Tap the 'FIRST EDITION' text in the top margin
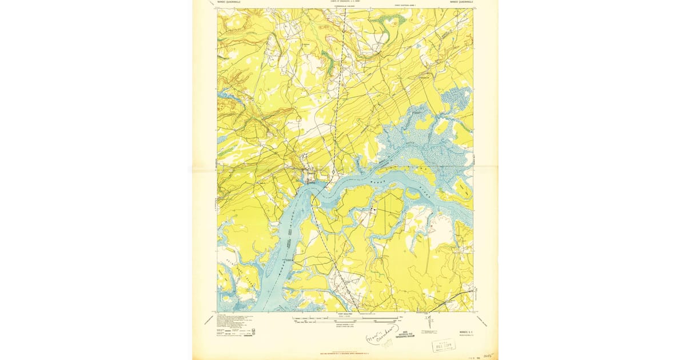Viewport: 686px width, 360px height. [x=404, y=5]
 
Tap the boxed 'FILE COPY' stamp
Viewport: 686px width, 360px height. [x=444, y=345]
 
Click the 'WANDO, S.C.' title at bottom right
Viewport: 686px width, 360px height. [x=461, y=331]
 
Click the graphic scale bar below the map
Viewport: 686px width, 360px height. [x=345, y=318]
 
